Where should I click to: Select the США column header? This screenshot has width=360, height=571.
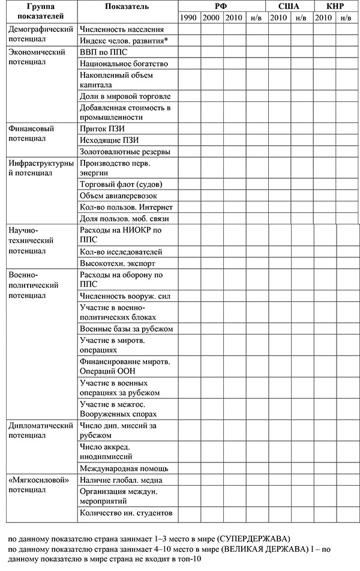pos(290,5)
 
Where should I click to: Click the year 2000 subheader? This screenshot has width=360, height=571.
pos(211,17)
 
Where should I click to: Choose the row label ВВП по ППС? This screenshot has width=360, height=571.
pos(103,52)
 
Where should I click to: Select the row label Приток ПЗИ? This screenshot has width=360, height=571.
pos(103,128)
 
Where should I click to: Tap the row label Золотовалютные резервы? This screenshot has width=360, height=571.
pos(125,151)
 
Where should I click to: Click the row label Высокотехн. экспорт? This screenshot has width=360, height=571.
pos(117,263)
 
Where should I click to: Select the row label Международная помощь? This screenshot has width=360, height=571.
pos(124,468)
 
